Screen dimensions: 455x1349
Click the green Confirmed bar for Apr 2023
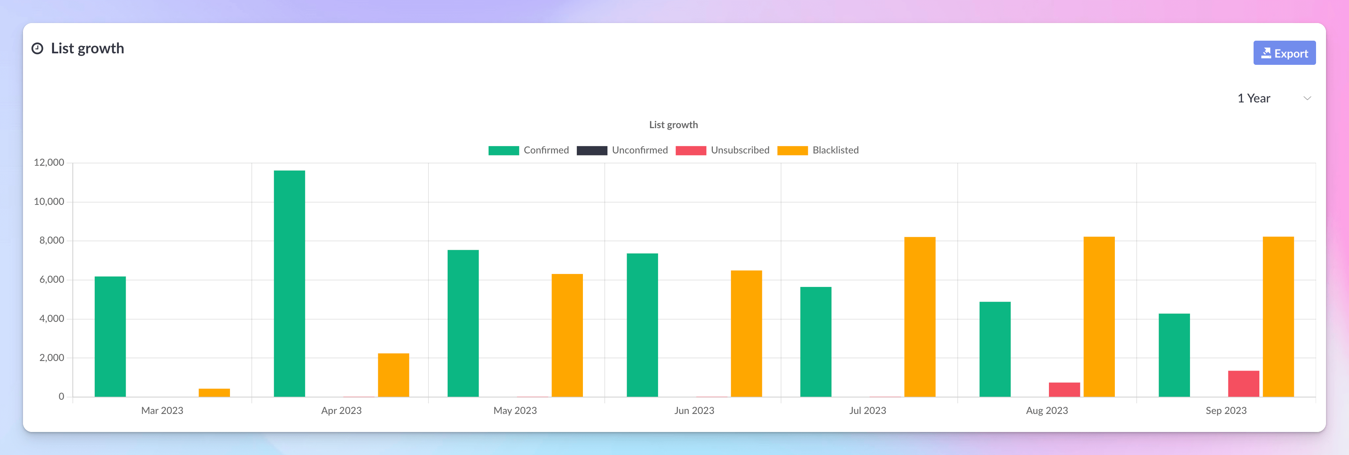click(289, 283)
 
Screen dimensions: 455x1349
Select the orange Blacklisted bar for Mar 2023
click(214, 392)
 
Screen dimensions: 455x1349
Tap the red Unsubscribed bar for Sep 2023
click(1243, 384)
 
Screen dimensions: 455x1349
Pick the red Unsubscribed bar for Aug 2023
click(1064, 389)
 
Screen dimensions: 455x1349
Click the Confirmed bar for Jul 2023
click(816, 342)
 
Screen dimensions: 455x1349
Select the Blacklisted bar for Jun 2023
click(746, 333)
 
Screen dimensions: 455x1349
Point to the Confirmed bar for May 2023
click(463, 323)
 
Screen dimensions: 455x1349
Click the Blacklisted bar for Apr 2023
click(393, 375)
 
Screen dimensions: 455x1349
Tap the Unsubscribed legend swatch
click(691, 150)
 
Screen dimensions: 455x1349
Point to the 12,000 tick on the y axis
click(49, 163)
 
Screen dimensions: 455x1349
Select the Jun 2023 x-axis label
click(694, 410)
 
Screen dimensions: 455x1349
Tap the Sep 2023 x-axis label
click(1226, 410)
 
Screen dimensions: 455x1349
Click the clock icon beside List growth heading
click(37, 49)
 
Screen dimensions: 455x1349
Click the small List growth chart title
click(673, 125)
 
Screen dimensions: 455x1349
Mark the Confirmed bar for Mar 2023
click(110, 336)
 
